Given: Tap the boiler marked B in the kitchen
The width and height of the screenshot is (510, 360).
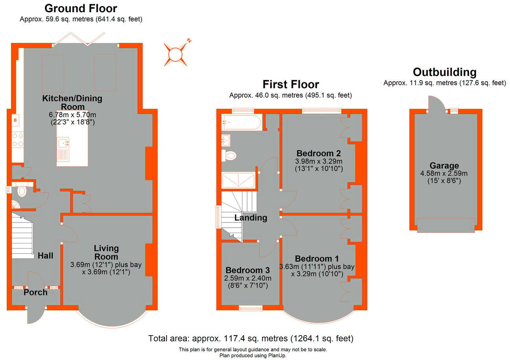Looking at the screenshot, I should tap(16, 120).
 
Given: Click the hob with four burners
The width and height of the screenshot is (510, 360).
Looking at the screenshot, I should tap(18, 139).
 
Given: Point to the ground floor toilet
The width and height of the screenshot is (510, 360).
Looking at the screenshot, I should tap(22, 191).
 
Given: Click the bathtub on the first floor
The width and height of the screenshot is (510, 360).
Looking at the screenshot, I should tap(241, 123).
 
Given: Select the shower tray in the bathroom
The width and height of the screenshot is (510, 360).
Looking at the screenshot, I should tap(238, 180).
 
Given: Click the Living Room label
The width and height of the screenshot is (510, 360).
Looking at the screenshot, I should tap(106, 252).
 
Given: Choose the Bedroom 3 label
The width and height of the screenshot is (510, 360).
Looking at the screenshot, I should tap(247, 271).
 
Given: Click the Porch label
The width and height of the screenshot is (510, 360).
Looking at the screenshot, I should tap(35, 292).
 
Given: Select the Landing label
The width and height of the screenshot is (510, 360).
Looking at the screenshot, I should tap(251, 218).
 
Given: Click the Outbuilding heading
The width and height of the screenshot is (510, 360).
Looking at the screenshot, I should tap(444, 72).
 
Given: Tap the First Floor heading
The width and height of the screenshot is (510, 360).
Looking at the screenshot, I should tap(290, 84).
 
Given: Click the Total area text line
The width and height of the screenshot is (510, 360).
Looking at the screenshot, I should tap(251, 338).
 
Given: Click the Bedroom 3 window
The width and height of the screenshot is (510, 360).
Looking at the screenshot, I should tap(251, 308).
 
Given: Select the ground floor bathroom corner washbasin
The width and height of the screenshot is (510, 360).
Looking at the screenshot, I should tap(15, 205).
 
